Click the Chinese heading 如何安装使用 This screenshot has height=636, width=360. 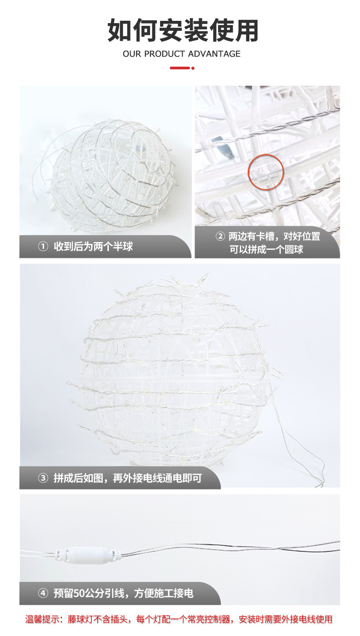click(183, 30)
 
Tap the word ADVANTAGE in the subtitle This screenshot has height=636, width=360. click(214, 53)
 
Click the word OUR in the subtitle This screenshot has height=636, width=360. click(132, 53)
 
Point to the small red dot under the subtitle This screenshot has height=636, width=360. click(193, 68)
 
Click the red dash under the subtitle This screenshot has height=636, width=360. click(180, 68)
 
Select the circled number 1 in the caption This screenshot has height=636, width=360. click(43, 247)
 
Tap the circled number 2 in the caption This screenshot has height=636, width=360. click(220, 236)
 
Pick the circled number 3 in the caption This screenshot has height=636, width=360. click(43, 478)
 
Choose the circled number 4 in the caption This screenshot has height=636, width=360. click(43, 593)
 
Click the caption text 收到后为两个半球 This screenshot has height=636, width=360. click(93, 247)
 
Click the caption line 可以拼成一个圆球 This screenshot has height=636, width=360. click(266, 250)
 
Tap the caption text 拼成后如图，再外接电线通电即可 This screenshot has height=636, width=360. click(128, 478)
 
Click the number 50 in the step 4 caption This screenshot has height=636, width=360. click(79, 593)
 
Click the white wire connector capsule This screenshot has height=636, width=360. click(88, 553)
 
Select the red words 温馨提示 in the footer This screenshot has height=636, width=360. click(43, 619)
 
